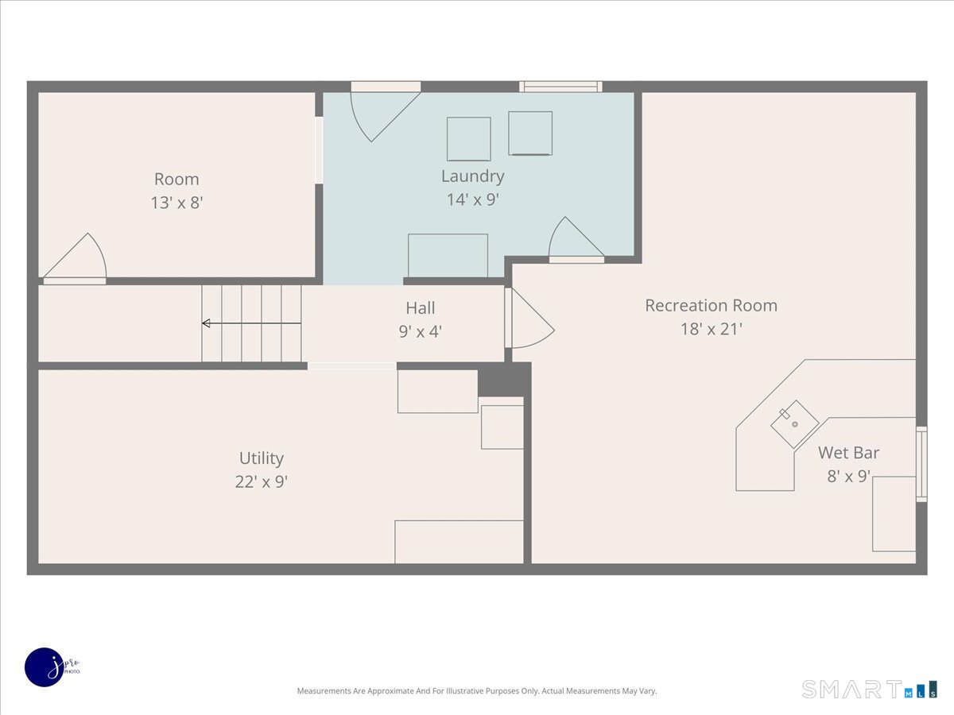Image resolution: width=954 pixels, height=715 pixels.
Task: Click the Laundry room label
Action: [472, 176]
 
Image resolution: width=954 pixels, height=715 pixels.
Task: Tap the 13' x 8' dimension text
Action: [177, 203]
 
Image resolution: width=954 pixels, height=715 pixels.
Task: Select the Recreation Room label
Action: [711, 306]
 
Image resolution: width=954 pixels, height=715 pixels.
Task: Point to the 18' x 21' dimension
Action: [711, 329]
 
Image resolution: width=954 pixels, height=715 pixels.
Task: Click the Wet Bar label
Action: [848, 453]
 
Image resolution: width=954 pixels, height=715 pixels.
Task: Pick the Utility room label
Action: [262, 458]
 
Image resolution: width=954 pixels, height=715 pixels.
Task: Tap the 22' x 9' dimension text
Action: [262, 482]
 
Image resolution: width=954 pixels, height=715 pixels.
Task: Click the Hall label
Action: [421, 308]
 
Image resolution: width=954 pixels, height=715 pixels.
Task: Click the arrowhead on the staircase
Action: [206, 323]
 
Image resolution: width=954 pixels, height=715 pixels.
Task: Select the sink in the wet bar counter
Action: [795, 424]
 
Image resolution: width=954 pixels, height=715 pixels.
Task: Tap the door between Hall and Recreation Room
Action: [529, 319]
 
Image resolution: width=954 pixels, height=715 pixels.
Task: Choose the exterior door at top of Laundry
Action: [386, 111]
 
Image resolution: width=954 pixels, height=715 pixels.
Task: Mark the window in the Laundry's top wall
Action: [560, 87]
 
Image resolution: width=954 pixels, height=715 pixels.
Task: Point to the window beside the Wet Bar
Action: [921, 464]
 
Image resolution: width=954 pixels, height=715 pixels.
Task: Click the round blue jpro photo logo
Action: [45, 667]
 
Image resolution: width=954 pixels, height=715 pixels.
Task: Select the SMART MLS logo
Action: [869, 690]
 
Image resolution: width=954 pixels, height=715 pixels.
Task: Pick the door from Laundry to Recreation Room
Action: [576, 240]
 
